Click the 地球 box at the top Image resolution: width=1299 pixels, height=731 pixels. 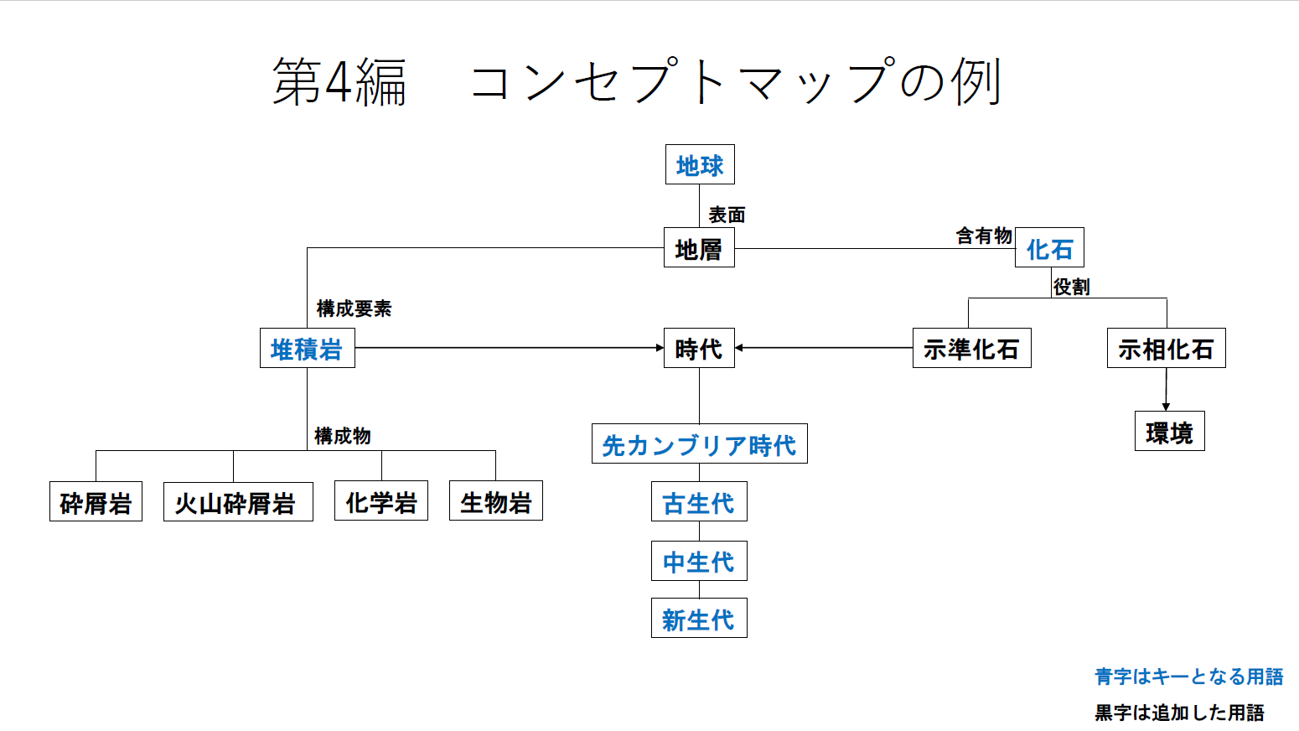coord(700,165)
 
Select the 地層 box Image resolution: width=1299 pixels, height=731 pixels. coord(699,248)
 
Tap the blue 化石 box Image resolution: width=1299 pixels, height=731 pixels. coord(1049,248)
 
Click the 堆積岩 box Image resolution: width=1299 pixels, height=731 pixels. coord(307,349)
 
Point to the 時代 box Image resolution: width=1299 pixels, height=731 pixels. coord(699,348)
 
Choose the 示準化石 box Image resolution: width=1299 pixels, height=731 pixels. coord(971,349)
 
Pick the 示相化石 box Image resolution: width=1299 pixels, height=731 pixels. coord(1166,349)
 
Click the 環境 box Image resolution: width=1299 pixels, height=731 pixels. coord(1169,432)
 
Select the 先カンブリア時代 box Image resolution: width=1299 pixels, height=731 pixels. coord(699,444)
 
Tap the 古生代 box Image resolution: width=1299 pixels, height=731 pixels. coord(699,502)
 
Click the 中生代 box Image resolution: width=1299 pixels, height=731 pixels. coord(699,561)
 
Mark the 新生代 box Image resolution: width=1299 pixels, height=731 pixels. coord(699,619)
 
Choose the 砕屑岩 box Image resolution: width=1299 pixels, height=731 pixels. coord(96,502)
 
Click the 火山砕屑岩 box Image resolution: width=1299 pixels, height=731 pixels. coord(238,502)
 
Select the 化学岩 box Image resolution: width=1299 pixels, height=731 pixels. coord(381,501)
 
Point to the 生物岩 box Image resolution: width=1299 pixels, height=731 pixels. coord(496,501)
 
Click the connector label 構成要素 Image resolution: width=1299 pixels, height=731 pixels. coord(354,308)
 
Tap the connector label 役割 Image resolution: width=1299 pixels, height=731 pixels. coord(1071,287)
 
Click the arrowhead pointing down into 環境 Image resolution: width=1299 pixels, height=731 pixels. coord(1166,407)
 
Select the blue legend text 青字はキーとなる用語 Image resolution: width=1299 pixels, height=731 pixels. coord(1188,677)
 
